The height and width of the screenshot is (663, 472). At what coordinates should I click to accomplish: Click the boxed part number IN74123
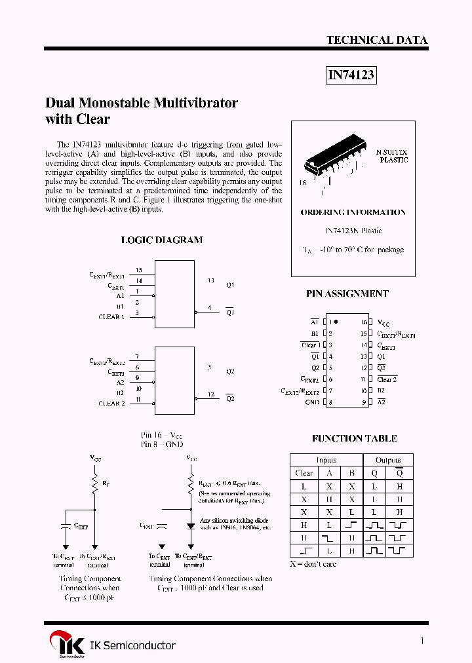click(x=351, y=75)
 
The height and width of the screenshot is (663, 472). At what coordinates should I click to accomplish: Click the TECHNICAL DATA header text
click(x=377, y=41)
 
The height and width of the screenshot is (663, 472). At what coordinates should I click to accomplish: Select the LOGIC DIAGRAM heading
click(x=162, y=240)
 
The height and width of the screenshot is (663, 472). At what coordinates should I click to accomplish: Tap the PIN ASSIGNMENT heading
click(x=347, y=294)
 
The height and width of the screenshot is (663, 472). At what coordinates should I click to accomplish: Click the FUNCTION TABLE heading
click(x=354, y=438)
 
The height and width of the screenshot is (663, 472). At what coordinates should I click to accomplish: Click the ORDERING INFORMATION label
click(x=353, y=212)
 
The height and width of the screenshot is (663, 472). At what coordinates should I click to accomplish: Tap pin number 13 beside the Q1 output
click(x=210, y=280)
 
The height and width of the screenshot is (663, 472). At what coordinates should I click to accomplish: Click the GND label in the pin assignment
click(x=312, y=402)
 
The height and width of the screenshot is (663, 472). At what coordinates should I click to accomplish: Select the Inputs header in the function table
click(x=326, y=460)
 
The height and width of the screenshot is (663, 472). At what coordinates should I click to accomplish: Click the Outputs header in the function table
click(x=387, y=460)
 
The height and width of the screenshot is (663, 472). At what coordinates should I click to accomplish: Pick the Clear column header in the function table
click(x=304, y=473)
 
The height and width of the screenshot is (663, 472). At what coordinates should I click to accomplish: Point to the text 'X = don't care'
click(x=313, y=564)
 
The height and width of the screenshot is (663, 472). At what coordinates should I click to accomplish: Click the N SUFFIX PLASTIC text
click(x=392, y=155)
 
